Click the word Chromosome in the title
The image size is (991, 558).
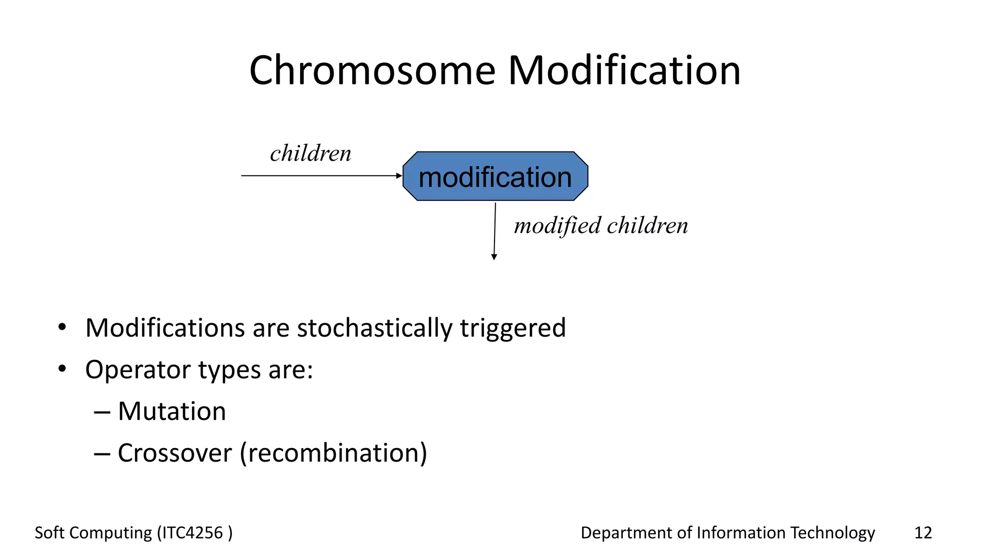point(372,71)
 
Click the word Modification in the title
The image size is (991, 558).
point(624,71)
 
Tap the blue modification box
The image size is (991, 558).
point(495,176)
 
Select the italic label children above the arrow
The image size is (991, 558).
point(311,154)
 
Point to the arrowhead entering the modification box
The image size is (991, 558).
point(399,176)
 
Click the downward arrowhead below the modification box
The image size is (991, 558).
point(494,257)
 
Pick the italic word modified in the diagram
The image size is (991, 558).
point(557,226)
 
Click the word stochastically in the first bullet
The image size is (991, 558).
point(374,328)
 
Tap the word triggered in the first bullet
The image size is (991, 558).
point(512,329)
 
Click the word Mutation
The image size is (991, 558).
point(172,411)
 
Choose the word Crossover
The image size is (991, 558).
point(175,453)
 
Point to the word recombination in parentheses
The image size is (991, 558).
point(333,453)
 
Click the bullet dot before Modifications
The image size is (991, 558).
point(61,327)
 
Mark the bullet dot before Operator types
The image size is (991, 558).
point(61,369)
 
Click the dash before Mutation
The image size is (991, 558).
point(102,412)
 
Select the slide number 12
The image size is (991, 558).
point(923,533)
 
